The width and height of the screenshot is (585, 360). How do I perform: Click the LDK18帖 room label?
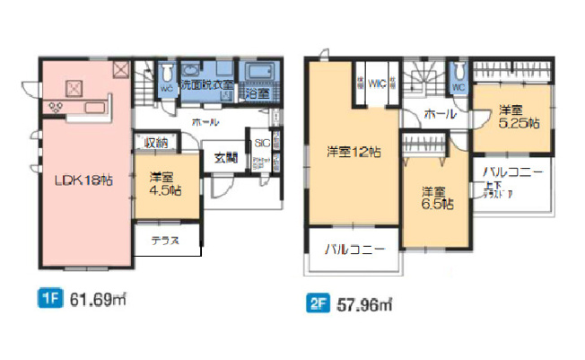pyautogui.click(x=80, y=180)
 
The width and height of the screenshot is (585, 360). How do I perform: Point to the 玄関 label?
pyautogui.click(x=223, y=159)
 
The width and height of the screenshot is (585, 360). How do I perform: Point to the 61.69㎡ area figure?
pyautogui.click(x=97, y=300)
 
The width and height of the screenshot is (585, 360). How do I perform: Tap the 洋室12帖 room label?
pyautogui.click(x=353, y=151)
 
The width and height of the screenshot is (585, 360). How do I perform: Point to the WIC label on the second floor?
pyautogui.click(x=376, y=81)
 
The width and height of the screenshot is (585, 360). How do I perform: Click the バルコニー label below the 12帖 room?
pyautogui.click(x=355, y=249)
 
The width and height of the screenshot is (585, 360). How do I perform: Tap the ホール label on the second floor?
pyautogui.click(x=438, y=114)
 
